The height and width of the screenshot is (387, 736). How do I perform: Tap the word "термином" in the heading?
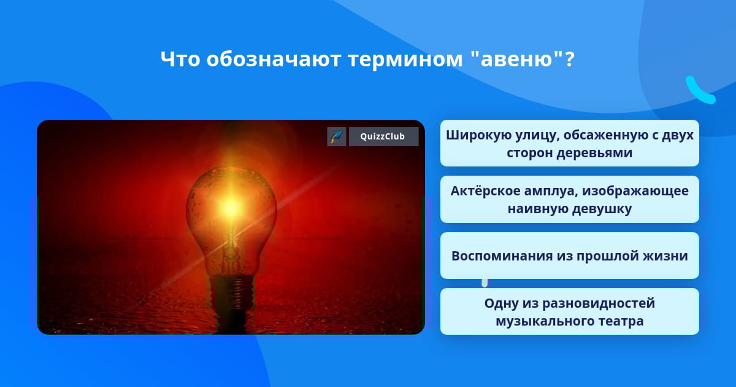pos(405,60)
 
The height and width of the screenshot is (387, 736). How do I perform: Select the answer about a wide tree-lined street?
pos(569,143)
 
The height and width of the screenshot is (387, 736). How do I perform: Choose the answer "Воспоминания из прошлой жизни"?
pos(569,256)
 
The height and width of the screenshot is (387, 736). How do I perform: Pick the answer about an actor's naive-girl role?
pos(569,200)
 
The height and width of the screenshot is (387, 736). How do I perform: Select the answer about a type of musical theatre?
pos(569,311)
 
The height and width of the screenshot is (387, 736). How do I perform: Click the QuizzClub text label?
pos(383,136)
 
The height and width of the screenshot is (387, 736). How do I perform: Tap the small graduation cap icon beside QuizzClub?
pos(337,136)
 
